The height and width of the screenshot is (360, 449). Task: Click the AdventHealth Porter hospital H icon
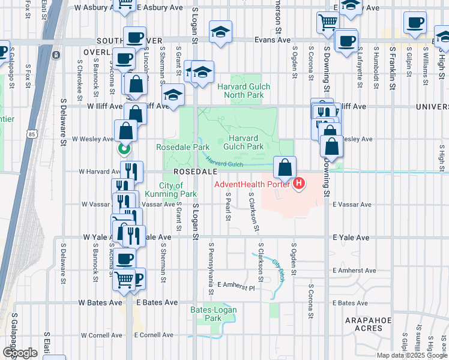(x=298, y=184)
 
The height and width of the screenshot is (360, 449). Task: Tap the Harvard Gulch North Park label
(x=243, y=91)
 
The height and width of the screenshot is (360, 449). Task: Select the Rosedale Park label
(x=182, y=147)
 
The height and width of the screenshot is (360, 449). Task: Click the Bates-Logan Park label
(x=213, y=314)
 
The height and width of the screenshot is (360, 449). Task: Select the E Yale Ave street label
(x=351, y=238)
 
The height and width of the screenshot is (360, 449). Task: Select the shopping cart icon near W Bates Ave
(x=124, y=278)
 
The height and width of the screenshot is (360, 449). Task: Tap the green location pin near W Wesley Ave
(x=124, y=148)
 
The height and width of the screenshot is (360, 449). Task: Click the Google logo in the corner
(x=20, y=353)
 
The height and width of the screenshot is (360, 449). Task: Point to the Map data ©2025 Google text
(x=411, y=355)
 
